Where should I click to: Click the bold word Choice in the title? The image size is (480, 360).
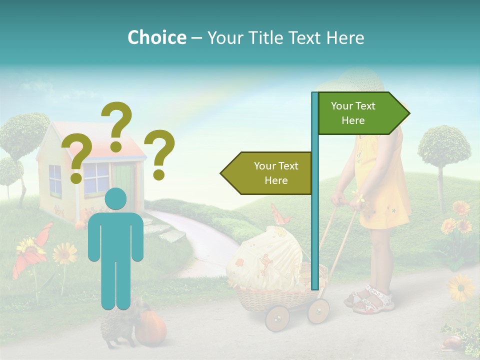(x=156, y=37)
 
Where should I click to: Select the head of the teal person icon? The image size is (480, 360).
(x=115, y=198)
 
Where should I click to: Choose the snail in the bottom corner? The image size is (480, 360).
(x=453, y=342)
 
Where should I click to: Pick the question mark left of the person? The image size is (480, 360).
(x=76, y=160)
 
